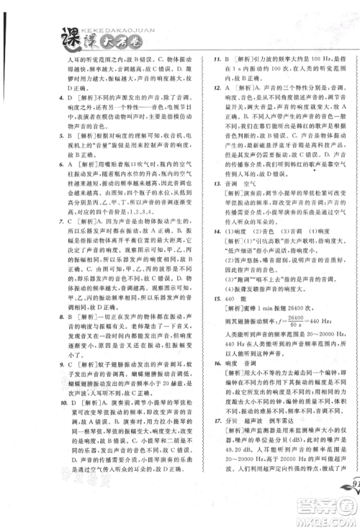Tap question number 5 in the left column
point(42,133)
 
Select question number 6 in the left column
point(42,171)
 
